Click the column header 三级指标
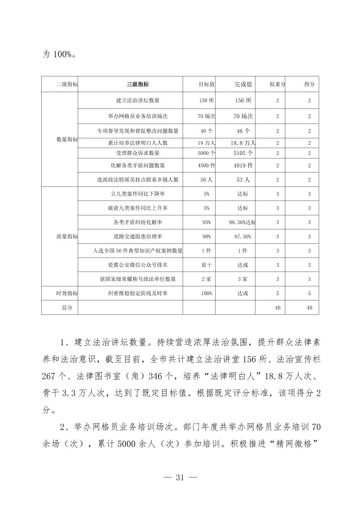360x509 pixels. coord(138,84)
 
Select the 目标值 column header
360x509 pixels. coord(206,84)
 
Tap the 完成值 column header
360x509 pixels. coord(243,84)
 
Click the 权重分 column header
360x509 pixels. coord(277,84)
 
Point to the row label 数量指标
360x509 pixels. coord(67,140)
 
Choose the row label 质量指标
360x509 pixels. coord(67,236)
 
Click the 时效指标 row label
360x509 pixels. coord(67,293)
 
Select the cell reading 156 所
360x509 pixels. coord(243,100)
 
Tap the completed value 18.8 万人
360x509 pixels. coord(243,143)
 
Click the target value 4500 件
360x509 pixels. coord(206,165)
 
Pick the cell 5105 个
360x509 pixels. coord(243,153)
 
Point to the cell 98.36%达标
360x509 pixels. coord(242,222)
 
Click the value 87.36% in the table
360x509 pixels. coord(243,236)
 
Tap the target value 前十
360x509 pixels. coord(206,265)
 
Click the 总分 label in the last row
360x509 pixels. coord(67,308)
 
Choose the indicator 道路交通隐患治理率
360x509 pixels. coord(138,236)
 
